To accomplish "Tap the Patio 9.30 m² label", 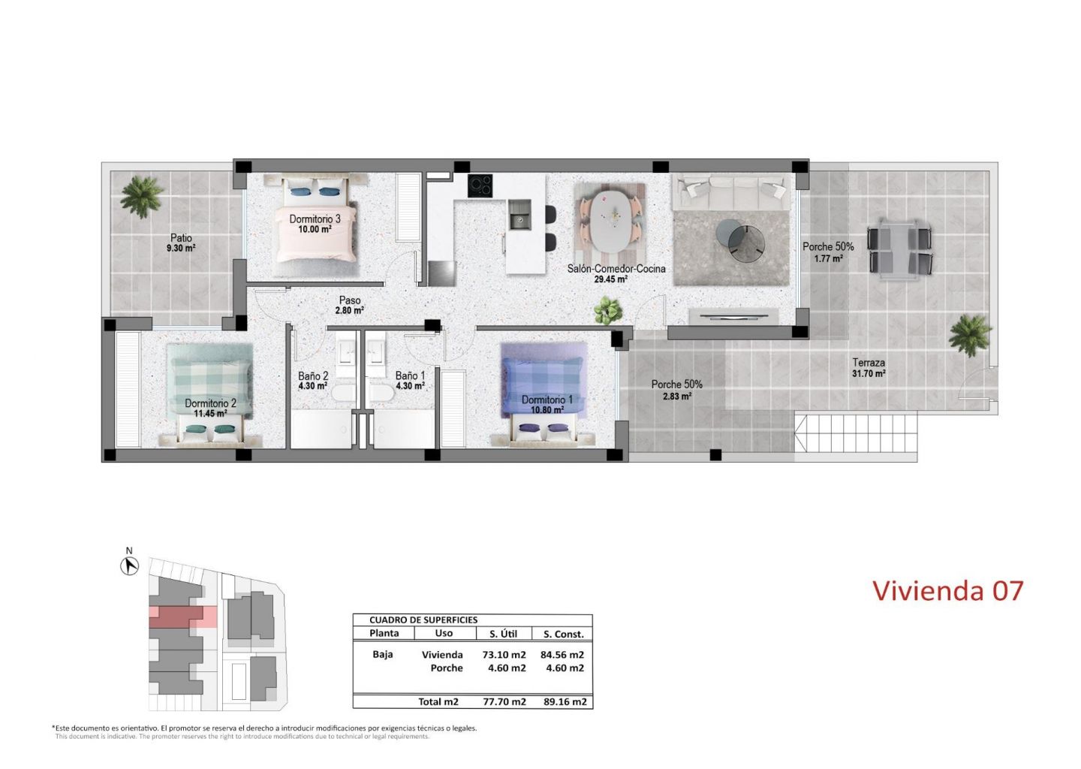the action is click(x=181, y=243).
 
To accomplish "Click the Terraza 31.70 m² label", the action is click(x=869, y=368).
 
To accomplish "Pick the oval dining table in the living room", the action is click(x=611, y=222).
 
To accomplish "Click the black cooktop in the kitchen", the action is click(x=480, y=185).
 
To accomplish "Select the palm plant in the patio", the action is click(x=141, y=197).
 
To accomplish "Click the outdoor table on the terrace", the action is click(x=899, y=249).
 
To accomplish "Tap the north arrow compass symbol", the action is click(x=129, y=565).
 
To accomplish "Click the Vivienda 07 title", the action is click(x=948, y=590).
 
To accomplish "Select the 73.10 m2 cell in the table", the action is click(x=504, y=655).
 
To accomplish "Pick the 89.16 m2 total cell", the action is click(x=565, y=701).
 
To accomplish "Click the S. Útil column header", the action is click(x=503, y=633).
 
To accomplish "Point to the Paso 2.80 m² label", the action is click(x=349, y=306).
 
